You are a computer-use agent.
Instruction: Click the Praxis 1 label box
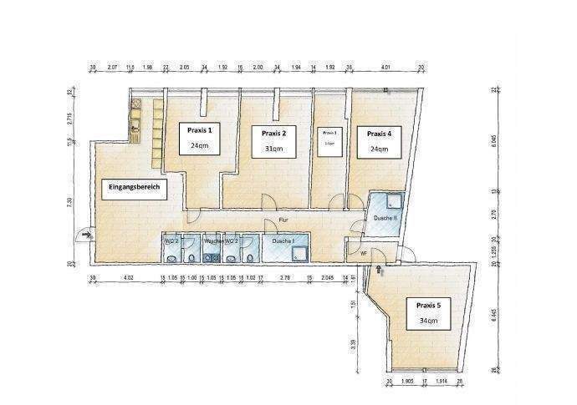coord(199,138)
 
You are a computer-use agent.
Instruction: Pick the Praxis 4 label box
coord(379,140)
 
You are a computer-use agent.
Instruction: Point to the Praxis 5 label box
coord(427,311)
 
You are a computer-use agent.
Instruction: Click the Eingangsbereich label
coord(135,189)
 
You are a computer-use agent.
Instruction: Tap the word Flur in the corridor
coord(283,220)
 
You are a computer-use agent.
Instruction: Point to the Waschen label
coord(213,240)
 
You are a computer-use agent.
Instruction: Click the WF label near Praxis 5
coord(364,252)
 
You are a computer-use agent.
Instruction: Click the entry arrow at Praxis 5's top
coord(381,269)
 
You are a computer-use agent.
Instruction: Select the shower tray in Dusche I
coord(299,250)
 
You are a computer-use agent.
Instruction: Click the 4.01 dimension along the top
coord(386,67)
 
